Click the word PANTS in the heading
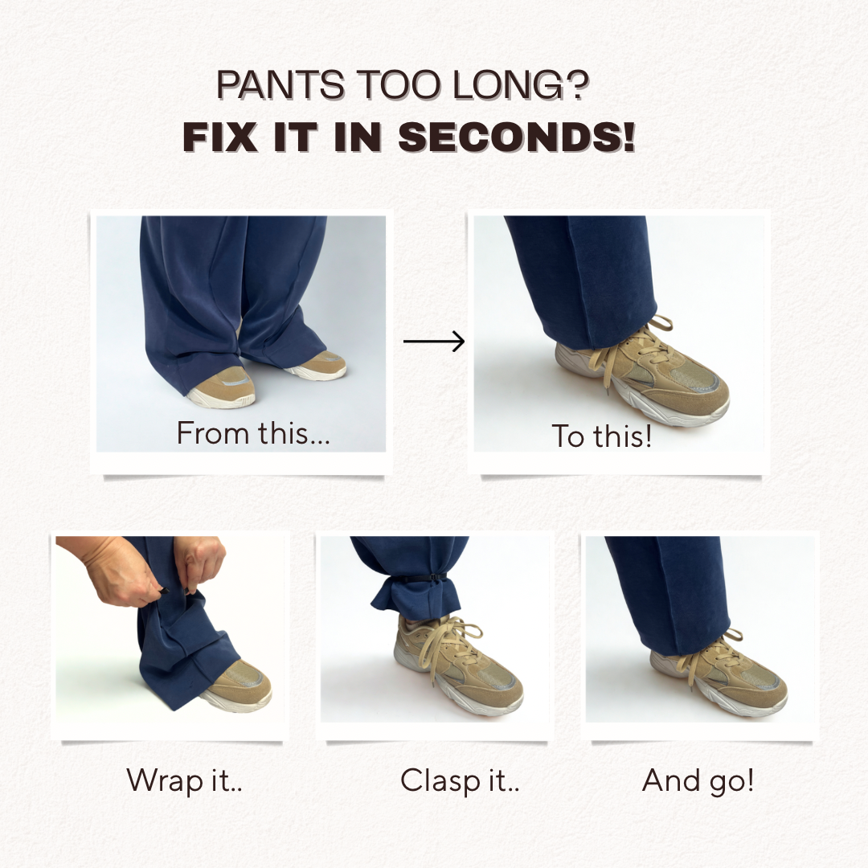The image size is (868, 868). click(280, 85)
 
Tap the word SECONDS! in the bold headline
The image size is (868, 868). click(517, 137)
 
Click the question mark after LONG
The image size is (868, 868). click(576, 84)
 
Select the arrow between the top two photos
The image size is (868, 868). click(434, 341)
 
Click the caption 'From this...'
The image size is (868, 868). click(253, 433)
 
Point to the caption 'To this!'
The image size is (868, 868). click(602, 436)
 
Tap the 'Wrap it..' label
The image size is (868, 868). click(184, 781)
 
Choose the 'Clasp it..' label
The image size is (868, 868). click(460, 781)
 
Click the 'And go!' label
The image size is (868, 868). click(698, 781)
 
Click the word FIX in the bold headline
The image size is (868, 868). click(219, 137)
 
